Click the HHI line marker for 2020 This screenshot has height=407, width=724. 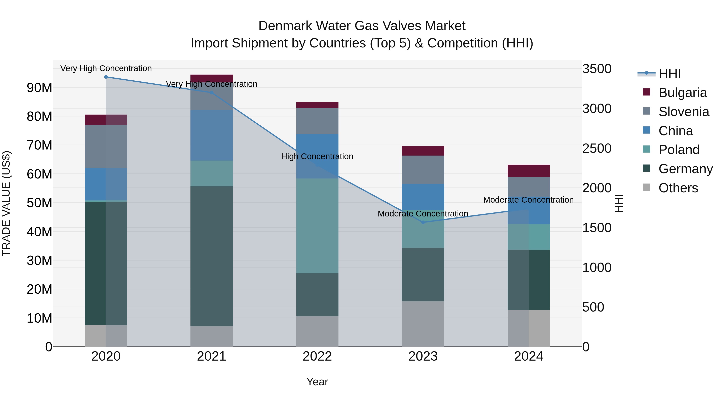106,77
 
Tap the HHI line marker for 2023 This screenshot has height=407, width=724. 423,222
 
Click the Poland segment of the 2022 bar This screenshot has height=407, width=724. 317,226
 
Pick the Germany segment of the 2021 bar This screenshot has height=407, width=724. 212,256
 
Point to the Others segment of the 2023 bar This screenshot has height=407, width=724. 423,324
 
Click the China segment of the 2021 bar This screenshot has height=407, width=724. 212,135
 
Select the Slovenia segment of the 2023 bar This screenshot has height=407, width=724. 423,170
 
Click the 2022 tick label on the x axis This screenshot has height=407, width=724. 317,356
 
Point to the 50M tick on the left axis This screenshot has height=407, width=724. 39,203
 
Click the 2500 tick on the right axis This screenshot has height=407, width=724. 597,148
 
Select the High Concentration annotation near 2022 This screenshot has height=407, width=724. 317,156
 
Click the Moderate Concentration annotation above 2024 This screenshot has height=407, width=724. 528,200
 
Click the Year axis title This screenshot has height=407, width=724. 317,382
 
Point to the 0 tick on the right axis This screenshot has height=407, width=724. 586,347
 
